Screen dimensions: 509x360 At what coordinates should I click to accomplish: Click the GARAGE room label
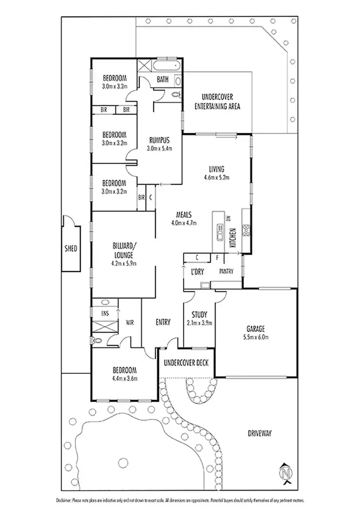click(256, 329)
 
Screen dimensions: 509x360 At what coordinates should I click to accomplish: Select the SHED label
click(71, 249)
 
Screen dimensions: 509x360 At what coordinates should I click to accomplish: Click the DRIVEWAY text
click(260, 433)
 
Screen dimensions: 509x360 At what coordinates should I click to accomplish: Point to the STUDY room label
click(199, 315)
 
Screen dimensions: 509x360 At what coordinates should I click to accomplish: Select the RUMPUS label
click(159, 140)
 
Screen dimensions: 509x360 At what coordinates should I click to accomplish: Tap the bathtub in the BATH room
click(166, 66)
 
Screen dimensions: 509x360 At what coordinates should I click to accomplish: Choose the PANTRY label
click(226, 272)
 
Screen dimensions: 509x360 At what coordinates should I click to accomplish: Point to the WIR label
click(129, 322)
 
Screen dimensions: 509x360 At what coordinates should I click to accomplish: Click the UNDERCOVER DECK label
click(186, 362)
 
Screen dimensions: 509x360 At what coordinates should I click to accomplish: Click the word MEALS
click(179, 214)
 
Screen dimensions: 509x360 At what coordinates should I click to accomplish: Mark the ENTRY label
click(163, 322)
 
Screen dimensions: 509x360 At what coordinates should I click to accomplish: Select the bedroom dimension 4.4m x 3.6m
click(125, 378)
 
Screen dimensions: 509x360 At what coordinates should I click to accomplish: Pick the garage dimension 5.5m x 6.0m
click(256, 337)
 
